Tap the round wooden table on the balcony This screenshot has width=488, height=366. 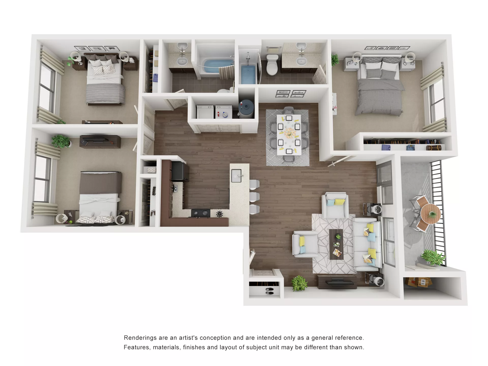click(430, 213)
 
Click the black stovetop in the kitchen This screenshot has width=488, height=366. click(201, 213)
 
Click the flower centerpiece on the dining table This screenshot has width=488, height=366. click(289, 133)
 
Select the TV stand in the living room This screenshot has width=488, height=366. click(337, 282)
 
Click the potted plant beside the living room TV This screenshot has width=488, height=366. click(299, 283)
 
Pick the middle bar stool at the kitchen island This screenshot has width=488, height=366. click(254, 197)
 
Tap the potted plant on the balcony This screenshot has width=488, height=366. click(433, 257)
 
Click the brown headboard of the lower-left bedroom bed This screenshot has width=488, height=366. click(101, 182)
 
